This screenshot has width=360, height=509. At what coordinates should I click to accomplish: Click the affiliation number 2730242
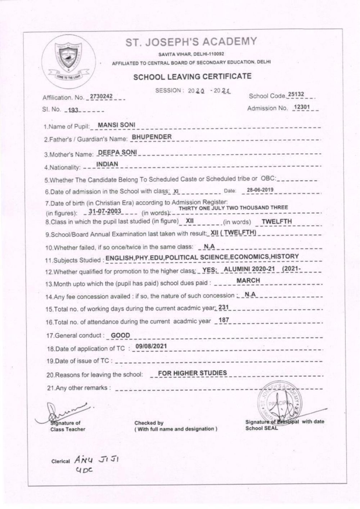(x=101, y=97)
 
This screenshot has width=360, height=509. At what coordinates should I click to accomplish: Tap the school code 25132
(x=296, y=94)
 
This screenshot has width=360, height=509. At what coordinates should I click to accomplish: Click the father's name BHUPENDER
(x=152, y=137)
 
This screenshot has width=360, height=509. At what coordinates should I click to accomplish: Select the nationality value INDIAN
(x=107, y=164)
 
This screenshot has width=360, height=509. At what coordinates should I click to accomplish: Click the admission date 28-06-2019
(x=260, y=190)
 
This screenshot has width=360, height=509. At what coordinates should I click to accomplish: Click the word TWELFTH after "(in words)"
(x=276, y=222)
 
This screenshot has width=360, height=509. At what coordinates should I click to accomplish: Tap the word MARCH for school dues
(x=248, y=280)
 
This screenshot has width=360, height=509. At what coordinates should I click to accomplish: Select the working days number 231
(x=224, y=308)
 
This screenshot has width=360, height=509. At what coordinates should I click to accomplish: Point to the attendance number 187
(x=224, y=320)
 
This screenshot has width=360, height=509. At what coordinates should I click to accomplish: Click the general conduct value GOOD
(x=120, y=335)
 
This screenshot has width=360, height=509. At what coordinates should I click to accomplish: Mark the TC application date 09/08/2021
(x=149, y=347)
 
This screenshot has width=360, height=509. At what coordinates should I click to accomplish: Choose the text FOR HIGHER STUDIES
(x=192, y=373)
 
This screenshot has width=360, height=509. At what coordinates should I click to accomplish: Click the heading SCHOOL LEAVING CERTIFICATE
(x=192, y=76)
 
